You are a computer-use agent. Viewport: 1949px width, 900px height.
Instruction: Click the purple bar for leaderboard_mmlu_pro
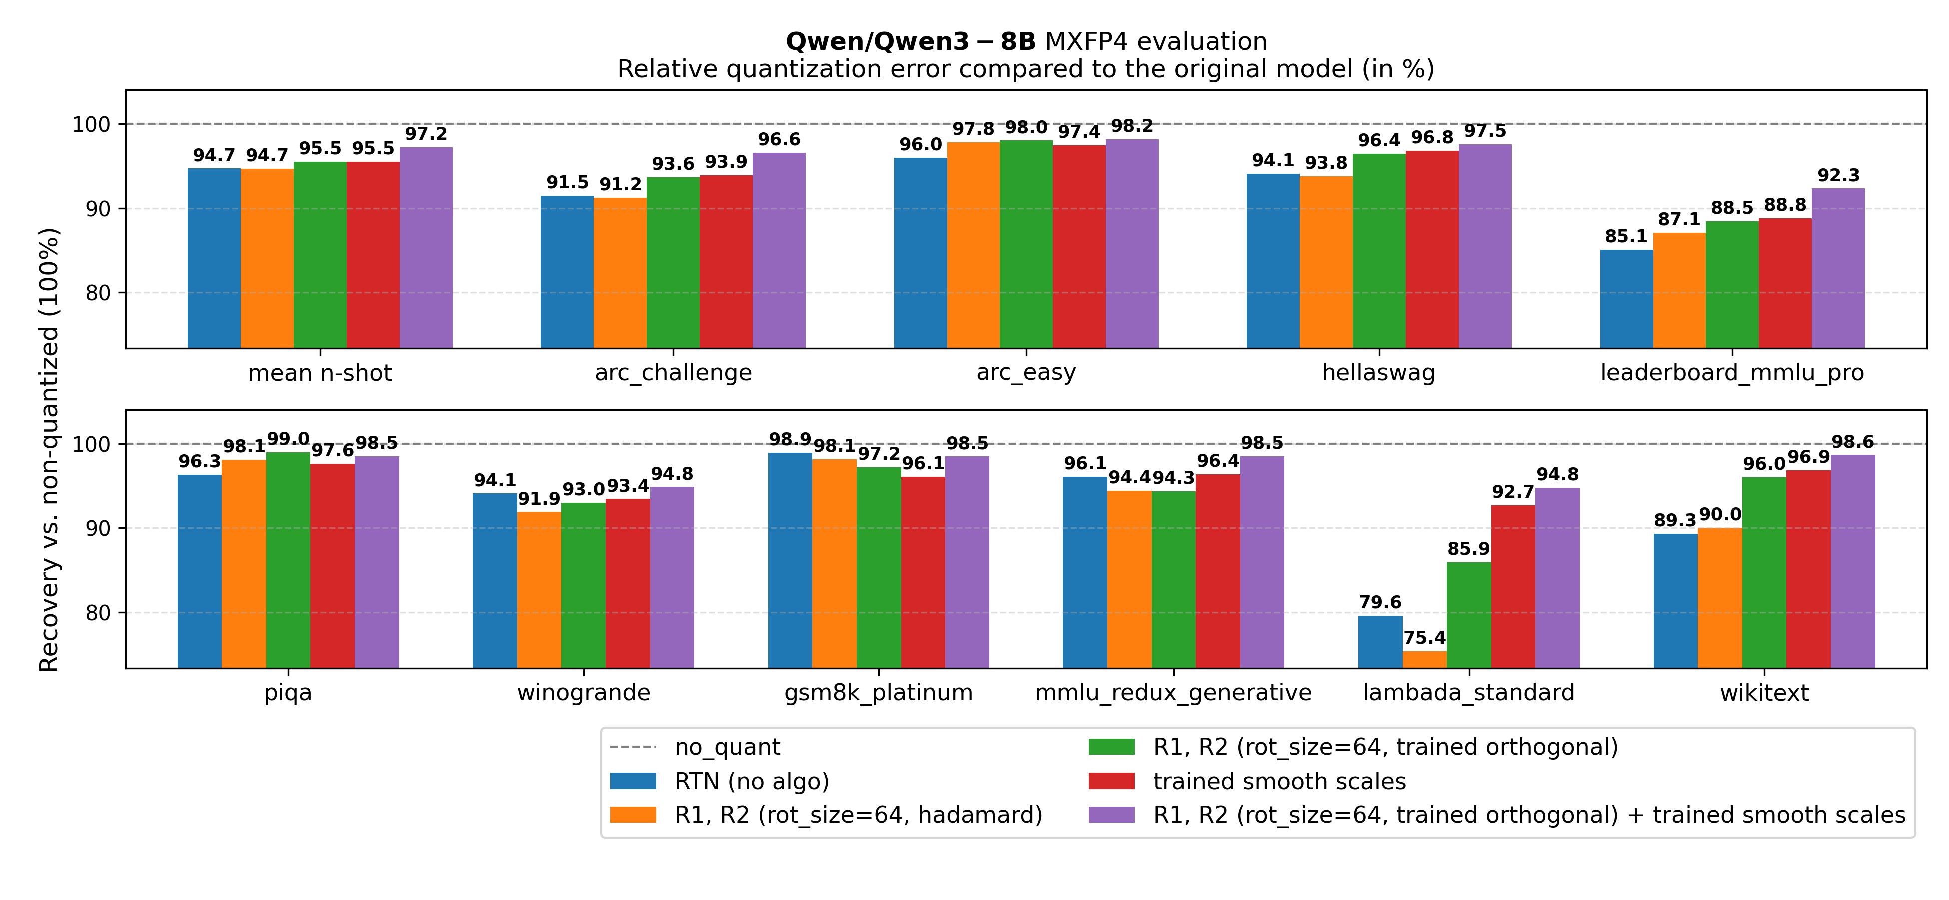(x=1837, y=268)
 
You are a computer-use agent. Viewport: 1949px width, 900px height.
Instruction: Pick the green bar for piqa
(x=288, y=560)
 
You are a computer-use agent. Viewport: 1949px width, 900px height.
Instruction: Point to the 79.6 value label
(x=1379, y=602)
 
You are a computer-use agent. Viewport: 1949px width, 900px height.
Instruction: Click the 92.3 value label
(x=1838, y=175)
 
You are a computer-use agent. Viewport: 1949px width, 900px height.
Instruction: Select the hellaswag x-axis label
(x=1378, y=373)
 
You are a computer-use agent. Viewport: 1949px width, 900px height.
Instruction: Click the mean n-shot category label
(x=319, y=373)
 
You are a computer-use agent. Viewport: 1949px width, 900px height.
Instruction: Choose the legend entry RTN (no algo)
(x=751, y=781)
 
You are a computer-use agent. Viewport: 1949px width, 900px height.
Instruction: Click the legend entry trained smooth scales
(x=1279, y=781)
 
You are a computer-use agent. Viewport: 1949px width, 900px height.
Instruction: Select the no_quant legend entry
(x=726, y=747)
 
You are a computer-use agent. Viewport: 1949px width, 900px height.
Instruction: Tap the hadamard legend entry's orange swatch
(x=633, y=815)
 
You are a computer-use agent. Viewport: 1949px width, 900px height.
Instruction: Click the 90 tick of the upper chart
(x=97, y=209)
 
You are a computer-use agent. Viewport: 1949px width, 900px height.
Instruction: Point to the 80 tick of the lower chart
(x=97, y=613)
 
